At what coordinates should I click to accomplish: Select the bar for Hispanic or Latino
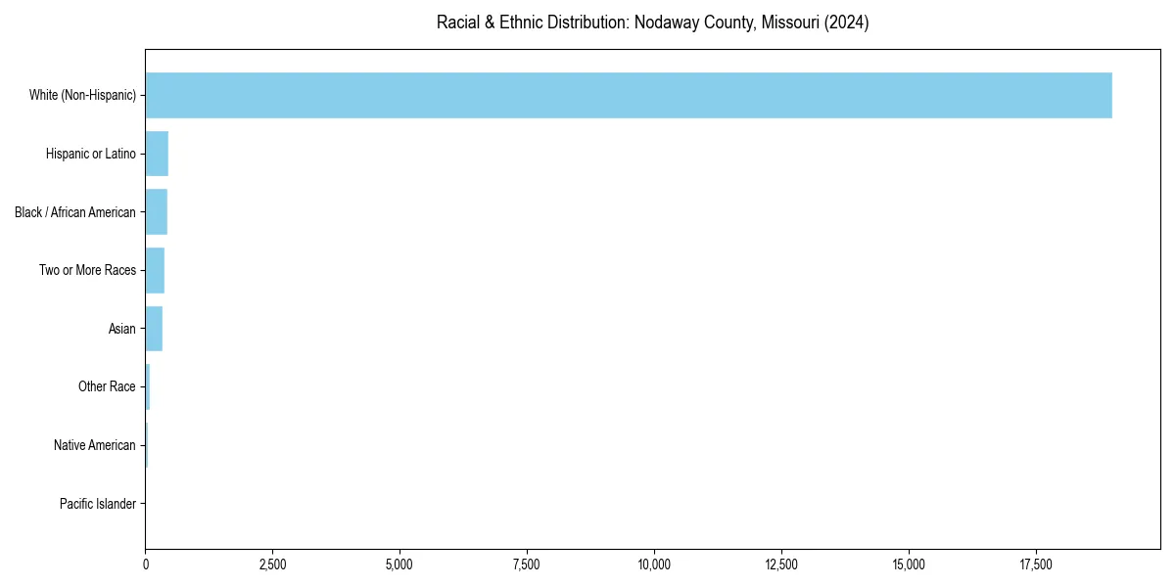coord(157,154)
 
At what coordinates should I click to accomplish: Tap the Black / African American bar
coord(157,211)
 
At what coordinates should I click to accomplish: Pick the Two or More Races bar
coord(155,270)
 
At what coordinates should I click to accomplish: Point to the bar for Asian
coord(154,329)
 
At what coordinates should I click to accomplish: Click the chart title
coord(652,23)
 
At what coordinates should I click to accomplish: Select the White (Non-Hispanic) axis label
coord(82,95)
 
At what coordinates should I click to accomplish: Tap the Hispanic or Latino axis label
coord(91,154)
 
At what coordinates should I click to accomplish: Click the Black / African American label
coord(75,212)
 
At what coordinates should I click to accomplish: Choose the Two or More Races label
coord(88,270)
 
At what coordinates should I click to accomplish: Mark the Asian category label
coord(122,329)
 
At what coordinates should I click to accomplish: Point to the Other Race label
coord(107,387)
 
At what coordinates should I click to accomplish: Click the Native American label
coord(95,445)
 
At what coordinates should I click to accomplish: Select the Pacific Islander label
coord(98,504)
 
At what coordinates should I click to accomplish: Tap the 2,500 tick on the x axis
coord(272,564)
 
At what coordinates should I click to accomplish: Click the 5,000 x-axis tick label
coord(399,564)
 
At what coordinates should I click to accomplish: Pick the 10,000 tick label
coord(654,564)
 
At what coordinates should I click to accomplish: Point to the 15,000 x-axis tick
coord(909,564)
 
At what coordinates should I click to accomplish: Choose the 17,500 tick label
coord(1036,564)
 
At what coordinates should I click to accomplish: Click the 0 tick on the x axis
coord(146,564)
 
